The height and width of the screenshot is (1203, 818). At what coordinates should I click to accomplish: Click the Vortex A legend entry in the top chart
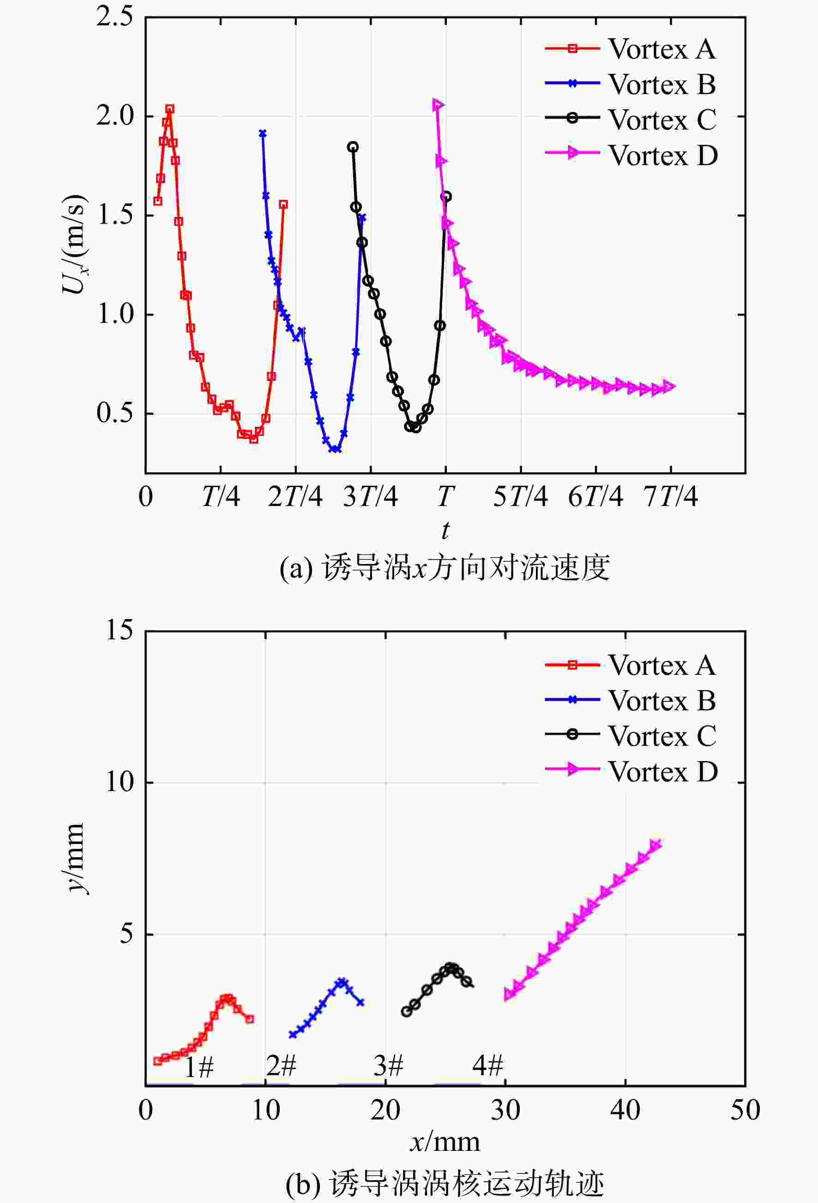click(x=631, y=49)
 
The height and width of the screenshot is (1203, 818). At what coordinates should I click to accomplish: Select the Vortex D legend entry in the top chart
click(x=632, y=155)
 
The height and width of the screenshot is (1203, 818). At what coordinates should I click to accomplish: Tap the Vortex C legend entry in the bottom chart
click(x=631, y=736)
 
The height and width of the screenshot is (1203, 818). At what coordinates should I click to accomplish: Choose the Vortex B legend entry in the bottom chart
click(x=631, y=700)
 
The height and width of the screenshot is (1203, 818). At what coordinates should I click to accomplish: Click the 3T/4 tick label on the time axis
click(x=370, y=496)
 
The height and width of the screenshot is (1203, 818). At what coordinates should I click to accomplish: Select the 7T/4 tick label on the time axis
click(x=670, y=496)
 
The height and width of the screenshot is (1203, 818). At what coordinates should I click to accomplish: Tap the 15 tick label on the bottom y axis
click(x=119, y=630)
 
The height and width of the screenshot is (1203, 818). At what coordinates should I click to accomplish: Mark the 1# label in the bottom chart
click(x=199, y=1067)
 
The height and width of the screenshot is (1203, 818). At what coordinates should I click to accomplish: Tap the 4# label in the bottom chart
click(x=487, y=1065)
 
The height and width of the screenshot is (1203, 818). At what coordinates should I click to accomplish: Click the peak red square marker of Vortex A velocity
click(x=169, y=109)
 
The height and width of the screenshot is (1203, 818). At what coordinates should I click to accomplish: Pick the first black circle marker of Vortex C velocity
click(x=353, y=147)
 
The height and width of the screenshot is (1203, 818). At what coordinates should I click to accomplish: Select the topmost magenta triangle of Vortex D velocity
click(x=438, y=105)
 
